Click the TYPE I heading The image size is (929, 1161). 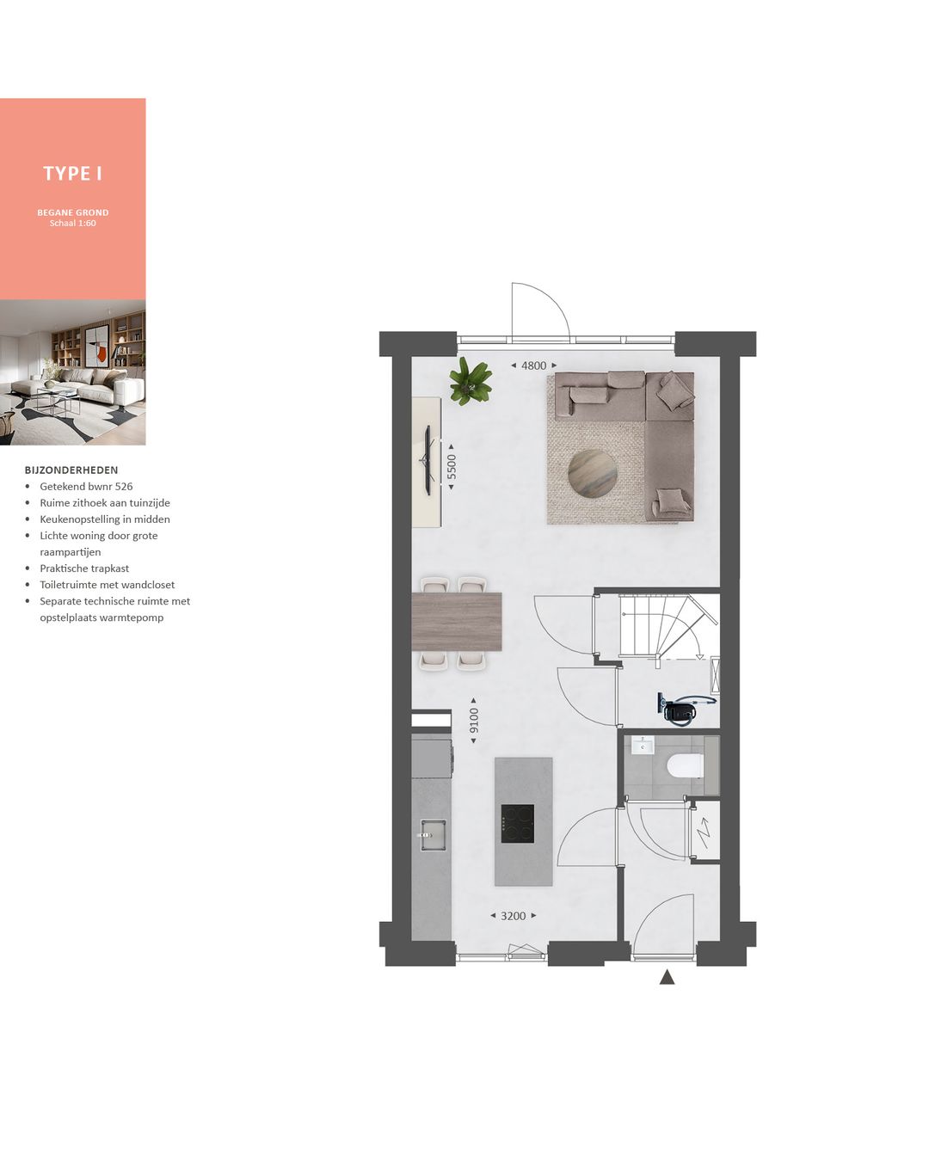[73, 174]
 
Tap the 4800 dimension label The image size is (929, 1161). [533, 365]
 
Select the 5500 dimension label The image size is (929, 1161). [452, 467]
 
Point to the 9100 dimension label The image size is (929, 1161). [474, 721]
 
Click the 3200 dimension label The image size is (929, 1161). [513, 916]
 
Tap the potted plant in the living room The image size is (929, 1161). [471, 381]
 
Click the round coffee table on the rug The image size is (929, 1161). [592, 473]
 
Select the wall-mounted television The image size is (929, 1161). [427, 460]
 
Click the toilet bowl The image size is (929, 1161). [686, 765]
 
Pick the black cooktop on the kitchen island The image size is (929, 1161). [518, 824]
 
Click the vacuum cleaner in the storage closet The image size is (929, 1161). [681, 709]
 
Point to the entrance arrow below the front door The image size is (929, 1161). [667, 977]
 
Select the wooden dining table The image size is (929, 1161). [457, 621]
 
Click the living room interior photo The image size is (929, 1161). [73, 372]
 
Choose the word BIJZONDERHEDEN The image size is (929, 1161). [71, 470]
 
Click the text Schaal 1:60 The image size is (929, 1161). [73, 224]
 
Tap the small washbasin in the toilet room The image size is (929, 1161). [643, 745]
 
